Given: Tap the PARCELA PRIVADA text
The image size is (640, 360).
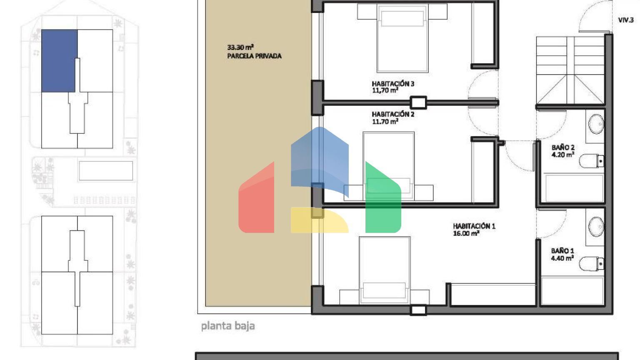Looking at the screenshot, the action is pos(254,56).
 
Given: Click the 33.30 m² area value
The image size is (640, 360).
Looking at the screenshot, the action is pos(240,47).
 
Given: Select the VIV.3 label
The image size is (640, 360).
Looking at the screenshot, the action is pos(626,20).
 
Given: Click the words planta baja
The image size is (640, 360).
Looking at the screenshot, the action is pos(228,326).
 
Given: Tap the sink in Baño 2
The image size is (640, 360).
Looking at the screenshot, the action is pos(596,124).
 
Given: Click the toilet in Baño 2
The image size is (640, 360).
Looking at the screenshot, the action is pos(591,161).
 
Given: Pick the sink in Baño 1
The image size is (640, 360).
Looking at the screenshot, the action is pos(596,227).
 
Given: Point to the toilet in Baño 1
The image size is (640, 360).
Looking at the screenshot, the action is pos(591,264).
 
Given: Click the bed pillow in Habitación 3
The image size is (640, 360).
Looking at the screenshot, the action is pos(402,19).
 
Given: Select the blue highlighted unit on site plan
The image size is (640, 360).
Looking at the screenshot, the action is pos(60,61).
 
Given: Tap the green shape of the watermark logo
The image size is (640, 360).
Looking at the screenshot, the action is pos(383,197).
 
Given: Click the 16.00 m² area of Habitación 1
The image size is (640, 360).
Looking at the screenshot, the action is pos(466,233).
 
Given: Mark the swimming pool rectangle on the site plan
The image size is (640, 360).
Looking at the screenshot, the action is pos(106,171).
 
